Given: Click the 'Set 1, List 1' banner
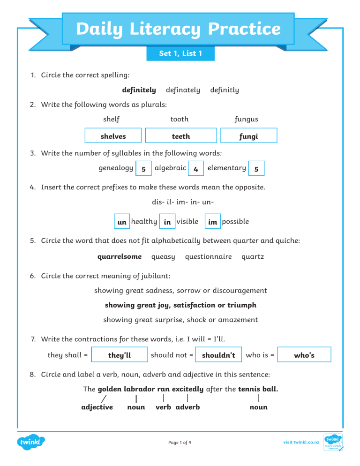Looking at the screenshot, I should [180, 53].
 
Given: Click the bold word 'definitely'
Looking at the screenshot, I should [139, 90].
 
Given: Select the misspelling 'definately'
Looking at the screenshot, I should [183, 90].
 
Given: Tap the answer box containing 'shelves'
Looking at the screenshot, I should [113, 136].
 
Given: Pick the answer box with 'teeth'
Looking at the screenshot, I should [181, 136].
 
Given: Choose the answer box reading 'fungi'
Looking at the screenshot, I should [248, 136].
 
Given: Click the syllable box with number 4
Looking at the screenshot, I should [195, 169].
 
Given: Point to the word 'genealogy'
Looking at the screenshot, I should [116, 167].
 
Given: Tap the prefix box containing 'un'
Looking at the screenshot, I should [122, 222].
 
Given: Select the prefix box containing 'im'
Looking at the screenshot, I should [212, 222].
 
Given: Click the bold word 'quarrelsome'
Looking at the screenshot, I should [120, 256].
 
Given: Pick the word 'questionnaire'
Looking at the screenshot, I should [208, 256].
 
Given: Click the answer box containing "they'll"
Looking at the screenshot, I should [120, 355].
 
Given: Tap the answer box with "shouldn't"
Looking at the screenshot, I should [218, 355].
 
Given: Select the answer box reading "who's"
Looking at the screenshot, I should [304, 355].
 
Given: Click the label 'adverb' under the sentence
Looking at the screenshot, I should [188, 407].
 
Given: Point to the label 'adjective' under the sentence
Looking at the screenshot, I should [97, 407].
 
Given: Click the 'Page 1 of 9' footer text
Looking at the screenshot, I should [180, 442].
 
